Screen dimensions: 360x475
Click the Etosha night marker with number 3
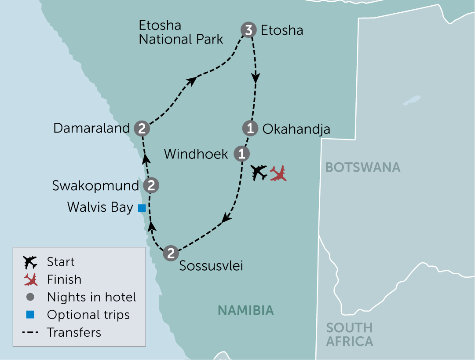point(248,30)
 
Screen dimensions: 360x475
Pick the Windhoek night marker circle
point(241,154)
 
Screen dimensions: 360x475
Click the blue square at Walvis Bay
point(142,208)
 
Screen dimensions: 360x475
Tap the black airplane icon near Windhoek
point(259,172)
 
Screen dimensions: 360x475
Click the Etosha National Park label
point(181,32)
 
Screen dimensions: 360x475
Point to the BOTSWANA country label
point(363,167)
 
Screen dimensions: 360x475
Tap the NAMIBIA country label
point(246,310)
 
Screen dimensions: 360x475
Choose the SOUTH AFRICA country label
point(350,334)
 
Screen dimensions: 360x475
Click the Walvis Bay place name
point(100,207)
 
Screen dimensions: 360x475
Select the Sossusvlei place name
point(211,266)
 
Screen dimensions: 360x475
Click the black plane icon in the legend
point(30,262)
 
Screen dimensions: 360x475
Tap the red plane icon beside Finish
point(30,279)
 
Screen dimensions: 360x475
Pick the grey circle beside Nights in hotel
point(30,297)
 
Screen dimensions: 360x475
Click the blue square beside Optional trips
point(30,315)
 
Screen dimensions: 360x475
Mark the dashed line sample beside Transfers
point(30,332)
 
